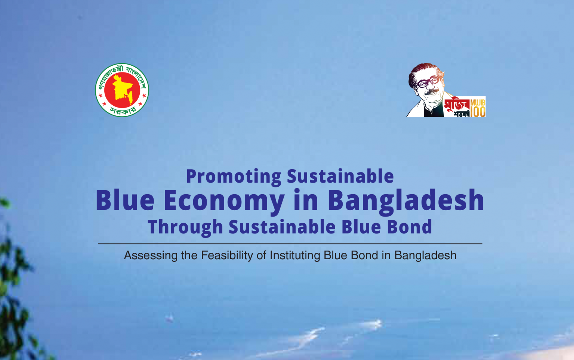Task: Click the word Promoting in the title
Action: [234, 177]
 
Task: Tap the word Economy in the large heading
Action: [224, 201]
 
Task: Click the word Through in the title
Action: [185, 227]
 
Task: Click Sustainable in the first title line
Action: [340, 176]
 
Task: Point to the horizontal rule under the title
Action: [290, 244]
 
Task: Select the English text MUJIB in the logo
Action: [478, 102]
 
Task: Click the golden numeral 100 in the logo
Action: [478, 112]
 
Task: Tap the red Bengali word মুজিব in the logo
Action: [457, 105]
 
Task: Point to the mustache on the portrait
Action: [431, 91]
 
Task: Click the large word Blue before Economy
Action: [125, 200]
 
